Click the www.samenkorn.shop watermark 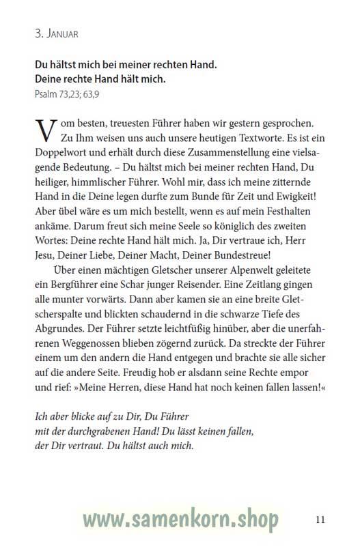[x=180, y=520]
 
